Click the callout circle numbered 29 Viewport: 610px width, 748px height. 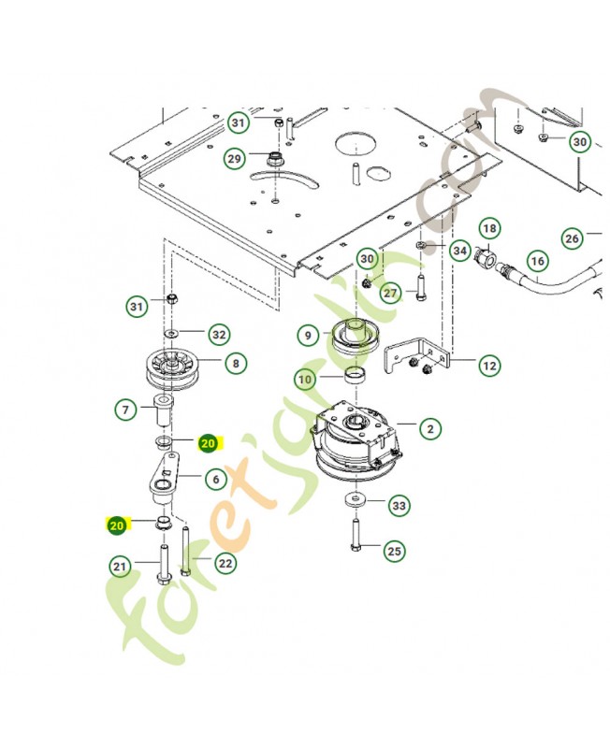(234, 158)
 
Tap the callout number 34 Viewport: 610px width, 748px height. (460, 251)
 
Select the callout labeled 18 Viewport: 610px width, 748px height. (489, 228)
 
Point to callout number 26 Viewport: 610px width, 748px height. (572, 238)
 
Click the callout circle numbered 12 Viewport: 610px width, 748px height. (490, 366)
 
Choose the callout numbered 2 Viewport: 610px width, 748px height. (430, 428)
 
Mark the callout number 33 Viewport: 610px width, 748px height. (399, 505)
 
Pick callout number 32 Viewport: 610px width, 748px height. (219, 335)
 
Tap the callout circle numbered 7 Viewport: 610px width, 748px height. (125, 410)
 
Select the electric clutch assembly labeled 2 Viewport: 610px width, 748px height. (356, 442)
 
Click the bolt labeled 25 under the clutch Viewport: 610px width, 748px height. (356, 535)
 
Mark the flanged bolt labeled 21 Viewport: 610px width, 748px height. (164, 564)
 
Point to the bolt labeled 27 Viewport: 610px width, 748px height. (420, 288)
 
